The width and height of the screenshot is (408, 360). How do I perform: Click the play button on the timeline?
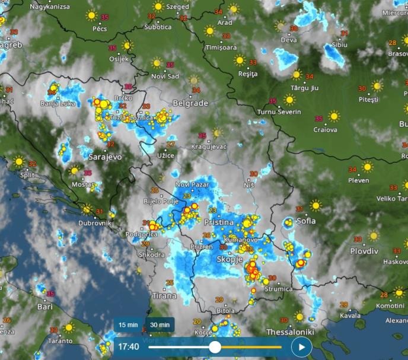(x=301, y=347)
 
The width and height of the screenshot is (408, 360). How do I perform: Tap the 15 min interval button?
(x=128, y=325)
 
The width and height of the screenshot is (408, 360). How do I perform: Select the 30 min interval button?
(x=160, y=325)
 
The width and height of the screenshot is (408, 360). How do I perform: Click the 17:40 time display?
(x=129, y=346)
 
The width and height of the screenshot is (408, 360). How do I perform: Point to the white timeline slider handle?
(x=215, y=347)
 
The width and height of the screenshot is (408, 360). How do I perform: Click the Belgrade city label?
(x=190, y=103)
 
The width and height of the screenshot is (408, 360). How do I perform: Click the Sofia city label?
(x=306, y=221)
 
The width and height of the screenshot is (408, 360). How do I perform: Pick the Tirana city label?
(x=164, y=295)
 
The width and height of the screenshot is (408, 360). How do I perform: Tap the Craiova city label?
(x=326, y=129)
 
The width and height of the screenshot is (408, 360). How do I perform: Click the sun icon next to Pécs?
(x=91, y=15)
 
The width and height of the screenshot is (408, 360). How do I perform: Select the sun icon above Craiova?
(x=334, y=116)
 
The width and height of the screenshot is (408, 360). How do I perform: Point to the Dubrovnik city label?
(x=94, y=224)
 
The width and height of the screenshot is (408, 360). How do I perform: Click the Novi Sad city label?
(x=165, y=76)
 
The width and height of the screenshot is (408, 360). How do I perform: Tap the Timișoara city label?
(x=221, y=47)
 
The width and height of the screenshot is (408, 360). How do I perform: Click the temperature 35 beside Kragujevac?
(x=202, y=135)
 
